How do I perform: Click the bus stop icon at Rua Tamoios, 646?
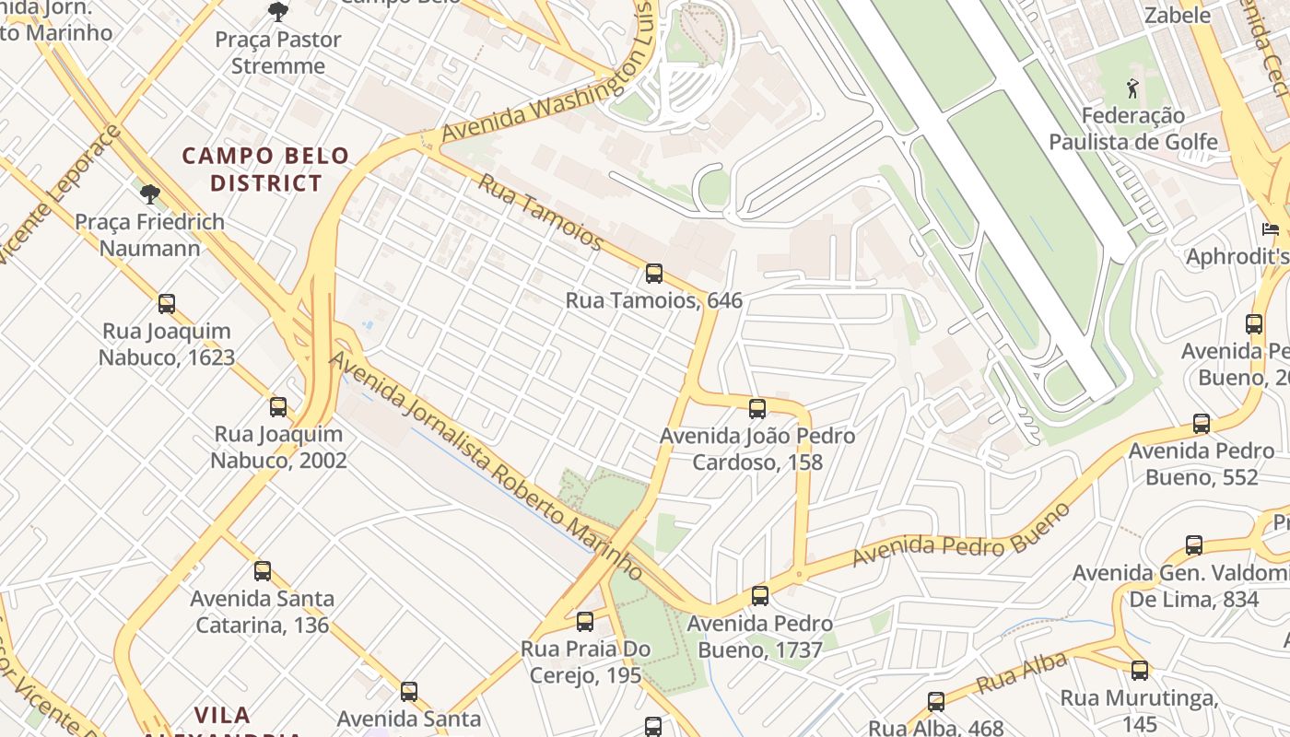653,274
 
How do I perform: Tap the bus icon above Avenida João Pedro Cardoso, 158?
757,409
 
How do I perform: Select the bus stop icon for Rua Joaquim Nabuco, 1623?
167,304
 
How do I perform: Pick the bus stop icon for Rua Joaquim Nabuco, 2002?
278,407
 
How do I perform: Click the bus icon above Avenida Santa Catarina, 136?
263,571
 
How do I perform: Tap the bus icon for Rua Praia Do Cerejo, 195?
585,622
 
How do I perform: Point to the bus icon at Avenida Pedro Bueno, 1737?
760,596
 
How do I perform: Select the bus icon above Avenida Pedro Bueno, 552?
1202,424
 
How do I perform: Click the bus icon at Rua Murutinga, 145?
1140,671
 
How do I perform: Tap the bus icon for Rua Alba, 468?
936,702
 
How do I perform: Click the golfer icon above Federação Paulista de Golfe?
1132,89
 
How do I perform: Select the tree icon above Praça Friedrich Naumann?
149,193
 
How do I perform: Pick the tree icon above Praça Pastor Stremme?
277,12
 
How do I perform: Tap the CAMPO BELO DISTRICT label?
265,170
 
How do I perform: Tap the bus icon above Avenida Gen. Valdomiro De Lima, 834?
1194,545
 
